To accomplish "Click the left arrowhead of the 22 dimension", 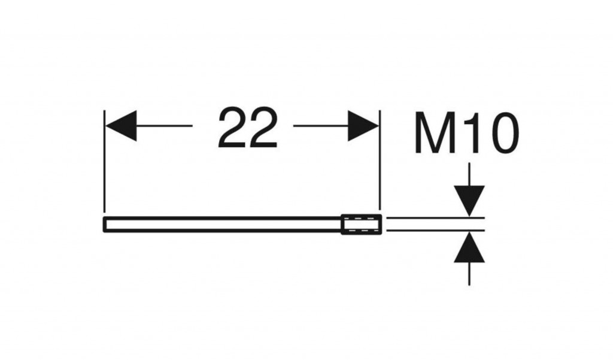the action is pyautogui.click(x=121, y=126).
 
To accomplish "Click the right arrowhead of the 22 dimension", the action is pyautogui.click(x=363, y=126).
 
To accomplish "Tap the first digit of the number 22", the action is pyautogui.click(x=232, y=128).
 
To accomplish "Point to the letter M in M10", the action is pyautogui.click(x=434, y=132).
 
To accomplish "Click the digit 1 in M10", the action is pyautogui.click(x=472, y=132).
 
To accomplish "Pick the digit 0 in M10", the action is pyautogui.click(x=502, y=133).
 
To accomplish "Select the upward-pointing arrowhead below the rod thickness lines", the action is pyautogui.click(x=469, y=247).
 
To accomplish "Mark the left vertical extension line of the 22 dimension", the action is pyautogui.click(x=104, y=161).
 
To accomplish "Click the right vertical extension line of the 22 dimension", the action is pyautogui.click(x=379, y=161).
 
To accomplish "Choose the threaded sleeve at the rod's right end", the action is pyautogui.click(x=361, y=224).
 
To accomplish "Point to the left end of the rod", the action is pyautogui.click(x=104, y=224).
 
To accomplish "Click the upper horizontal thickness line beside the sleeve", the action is pyautogui.click(x=436, y=217).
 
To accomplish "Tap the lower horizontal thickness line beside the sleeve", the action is pyautogui.click(x=436, y=231).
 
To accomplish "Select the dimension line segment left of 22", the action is pyautogui.click(x=165, y=126).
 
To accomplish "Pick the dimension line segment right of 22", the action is pyautogui.click(x=321, y=126).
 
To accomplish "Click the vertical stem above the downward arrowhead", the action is pyautogui.click(x=469, y=174).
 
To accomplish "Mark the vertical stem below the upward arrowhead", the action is pyautogui.click(x=469, y=274).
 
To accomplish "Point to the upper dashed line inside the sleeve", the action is pyautogui.click(x=361, y=219).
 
